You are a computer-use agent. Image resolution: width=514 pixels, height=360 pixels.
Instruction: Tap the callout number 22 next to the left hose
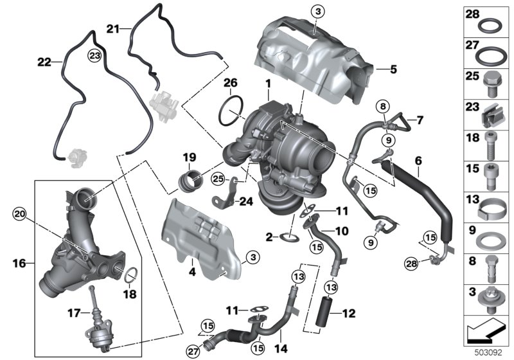(x=44, y=62)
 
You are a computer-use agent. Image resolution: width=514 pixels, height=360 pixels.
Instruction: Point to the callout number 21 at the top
(x=113, y=28)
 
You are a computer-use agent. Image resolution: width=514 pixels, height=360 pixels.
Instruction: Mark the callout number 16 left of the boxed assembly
(x=19, y=263)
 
